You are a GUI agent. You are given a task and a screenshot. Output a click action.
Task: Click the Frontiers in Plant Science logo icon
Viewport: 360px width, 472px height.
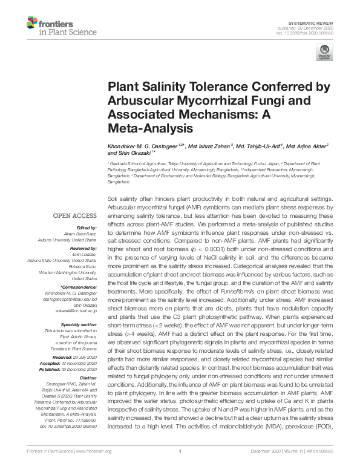(x=32, y=24)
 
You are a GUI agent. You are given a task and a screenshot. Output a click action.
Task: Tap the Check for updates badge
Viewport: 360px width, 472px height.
(x=324, y=53)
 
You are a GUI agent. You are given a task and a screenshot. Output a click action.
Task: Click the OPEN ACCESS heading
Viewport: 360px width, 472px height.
(x=74, y=215)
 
